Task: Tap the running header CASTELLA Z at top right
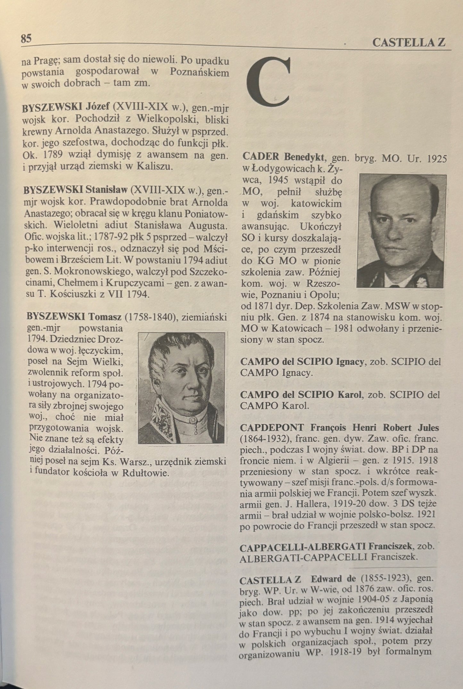click(409, 43)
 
